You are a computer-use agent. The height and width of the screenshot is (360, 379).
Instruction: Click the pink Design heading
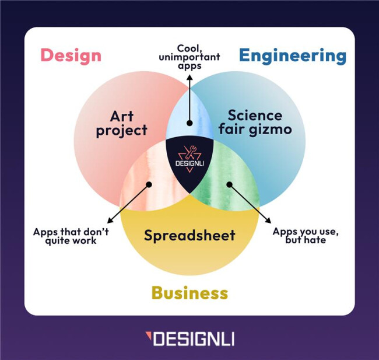[x=71, y=55]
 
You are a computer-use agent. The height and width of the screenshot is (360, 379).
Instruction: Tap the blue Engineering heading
[x=293, y=55]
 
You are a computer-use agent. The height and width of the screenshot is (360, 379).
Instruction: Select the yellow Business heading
[x=189, y=292]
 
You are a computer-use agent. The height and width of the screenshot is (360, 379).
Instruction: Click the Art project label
[x=122, y=124]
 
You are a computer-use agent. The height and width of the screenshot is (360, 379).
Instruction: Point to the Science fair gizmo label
[x=255, y=123]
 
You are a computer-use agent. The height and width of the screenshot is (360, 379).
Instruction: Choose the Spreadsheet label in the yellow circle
[x=189, y=235]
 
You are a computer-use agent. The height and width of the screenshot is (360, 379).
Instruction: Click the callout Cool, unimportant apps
[x=189, y=57]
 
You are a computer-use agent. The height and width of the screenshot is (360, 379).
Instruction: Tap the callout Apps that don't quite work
[x=71, y=236]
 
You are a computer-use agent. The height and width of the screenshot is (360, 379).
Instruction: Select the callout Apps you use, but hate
[x=306, y=235]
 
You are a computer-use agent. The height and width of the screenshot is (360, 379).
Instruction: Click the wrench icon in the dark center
[x=189, y=152]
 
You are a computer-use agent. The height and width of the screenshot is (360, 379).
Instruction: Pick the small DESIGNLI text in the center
[x=189, y=163]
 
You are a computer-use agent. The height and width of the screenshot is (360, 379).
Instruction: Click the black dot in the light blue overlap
[x=189, y=123]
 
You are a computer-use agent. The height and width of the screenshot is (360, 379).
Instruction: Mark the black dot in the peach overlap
[x=149, y=184]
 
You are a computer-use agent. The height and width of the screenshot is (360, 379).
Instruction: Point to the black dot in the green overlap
[x=229, y=184]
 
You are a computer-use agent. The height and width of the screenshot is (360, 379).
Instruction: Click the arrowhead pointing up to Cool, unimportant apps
[x=189, y=78]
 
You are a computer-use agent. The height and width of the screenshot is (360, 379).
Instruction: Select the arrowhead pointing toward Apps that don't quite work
[x=110, y=221]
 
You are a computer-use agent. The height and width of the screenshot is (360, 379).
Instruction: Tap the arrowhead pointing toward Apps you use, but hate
[x=268, y=221]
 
